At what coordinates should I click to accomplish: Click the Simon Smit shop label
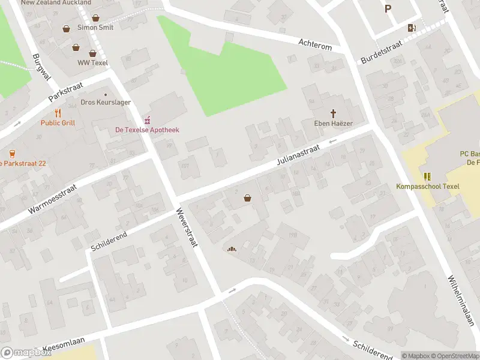coord(95,28)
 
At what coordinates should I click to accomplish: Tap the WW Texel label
coord(92,62)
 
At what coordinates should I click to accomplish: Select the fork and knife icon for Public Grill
coord(58,113)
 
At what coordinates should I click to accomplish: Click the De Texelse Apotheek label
coord(147,130)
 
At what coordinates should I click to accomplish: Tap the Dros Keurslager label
coord(106,103)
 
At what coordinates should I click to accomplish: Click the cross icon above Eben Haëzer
coord(333,113)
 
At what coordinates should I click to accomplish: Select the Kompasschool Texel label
coord(427,186)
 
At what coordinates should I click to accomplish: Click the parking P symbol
coord(388,8)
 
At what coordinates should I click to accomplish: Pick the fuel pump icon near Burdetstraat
coord(412,28)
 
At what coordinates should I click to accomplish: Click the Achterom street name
coord(315,42)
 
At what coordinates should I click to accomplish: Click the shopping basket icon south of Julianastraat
coord(247,198)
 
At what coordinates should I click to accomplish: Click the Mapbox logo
coord(26,353)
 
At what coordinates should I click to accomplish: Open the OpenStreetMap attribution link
coord(454,356)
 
